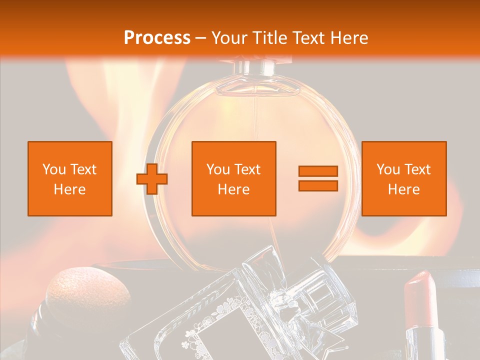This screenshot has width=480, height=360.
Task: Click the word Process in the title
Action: click(x=157, y=38)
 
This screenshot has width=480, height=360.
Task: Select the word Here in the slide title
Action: click(x=348, y=38)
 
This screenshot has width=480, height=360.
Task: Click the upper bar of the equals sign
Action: click(x=318, y=171)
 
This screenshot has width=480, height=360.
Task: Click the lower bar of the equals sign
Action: click(x=318, y=185)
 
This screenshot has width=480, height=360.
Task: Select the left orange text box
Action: click(x=70, y=178)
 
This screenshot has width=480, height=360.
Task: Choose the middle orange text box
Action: click(x=233, y=178)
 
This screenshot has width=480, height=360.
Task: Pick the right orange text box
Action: click(x=403, y=178)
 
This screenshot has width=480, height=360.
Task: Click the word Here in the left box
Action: click(x=70, y=189)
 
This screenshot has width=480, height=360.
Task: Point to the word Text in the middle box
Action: click(x=248, y=169)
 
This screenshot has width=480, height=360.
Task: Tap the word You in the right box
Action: click(x=388, y=169)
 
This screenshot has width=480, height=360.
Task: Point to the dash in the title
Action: click(x=201, y=38)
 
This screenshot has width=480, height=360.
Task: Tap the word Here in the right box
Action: click(x=403, y=189)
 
